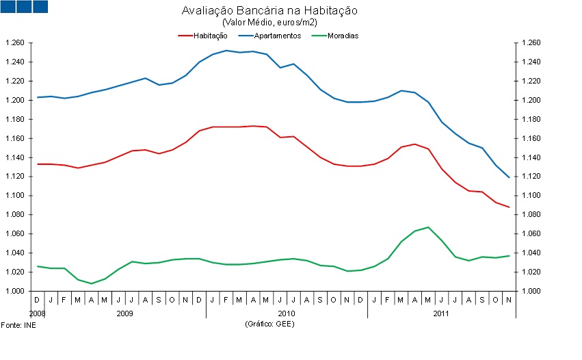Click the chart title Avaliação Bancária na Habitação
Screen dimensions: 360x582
tap(269, 11)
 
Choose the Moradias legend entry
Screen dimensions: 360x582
tap(343, 35)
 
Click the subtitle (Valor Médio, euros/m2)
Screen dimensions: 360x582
tap(269, 23)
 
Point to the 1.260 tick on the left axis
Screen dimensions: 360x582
tap(14, 43)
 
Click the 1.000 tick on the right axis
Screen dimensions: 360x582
tap(531, 291)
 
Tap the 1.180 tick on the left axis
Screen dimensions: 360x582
tap(14, 119)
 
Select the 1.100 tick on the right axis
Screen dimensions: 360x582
tap(531, 196)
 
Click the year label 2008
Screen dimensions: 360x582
tap(38, 313)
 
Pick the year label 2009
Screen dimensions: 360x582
tap(124, 313)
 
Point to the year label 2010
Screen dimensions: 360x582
tap(286, 313)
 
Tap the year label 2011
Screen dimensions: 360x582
tap(440, 313)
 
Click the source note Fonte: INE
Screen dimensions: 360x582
tap(18, 324)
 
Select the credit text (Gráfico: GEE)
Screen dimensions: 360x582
tap(269, 324)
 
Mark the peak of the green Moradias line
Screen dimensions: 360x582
tap(428, 227)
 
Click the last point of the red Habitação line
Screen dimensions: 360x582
tap(509, 207)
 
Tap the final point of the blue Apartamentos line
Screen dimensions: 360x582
tap(509, 177)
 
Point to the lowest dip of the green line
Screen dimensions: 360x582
tap(92, 283)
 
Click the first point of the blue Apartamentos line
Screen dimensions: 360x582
tap(38, 97)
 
